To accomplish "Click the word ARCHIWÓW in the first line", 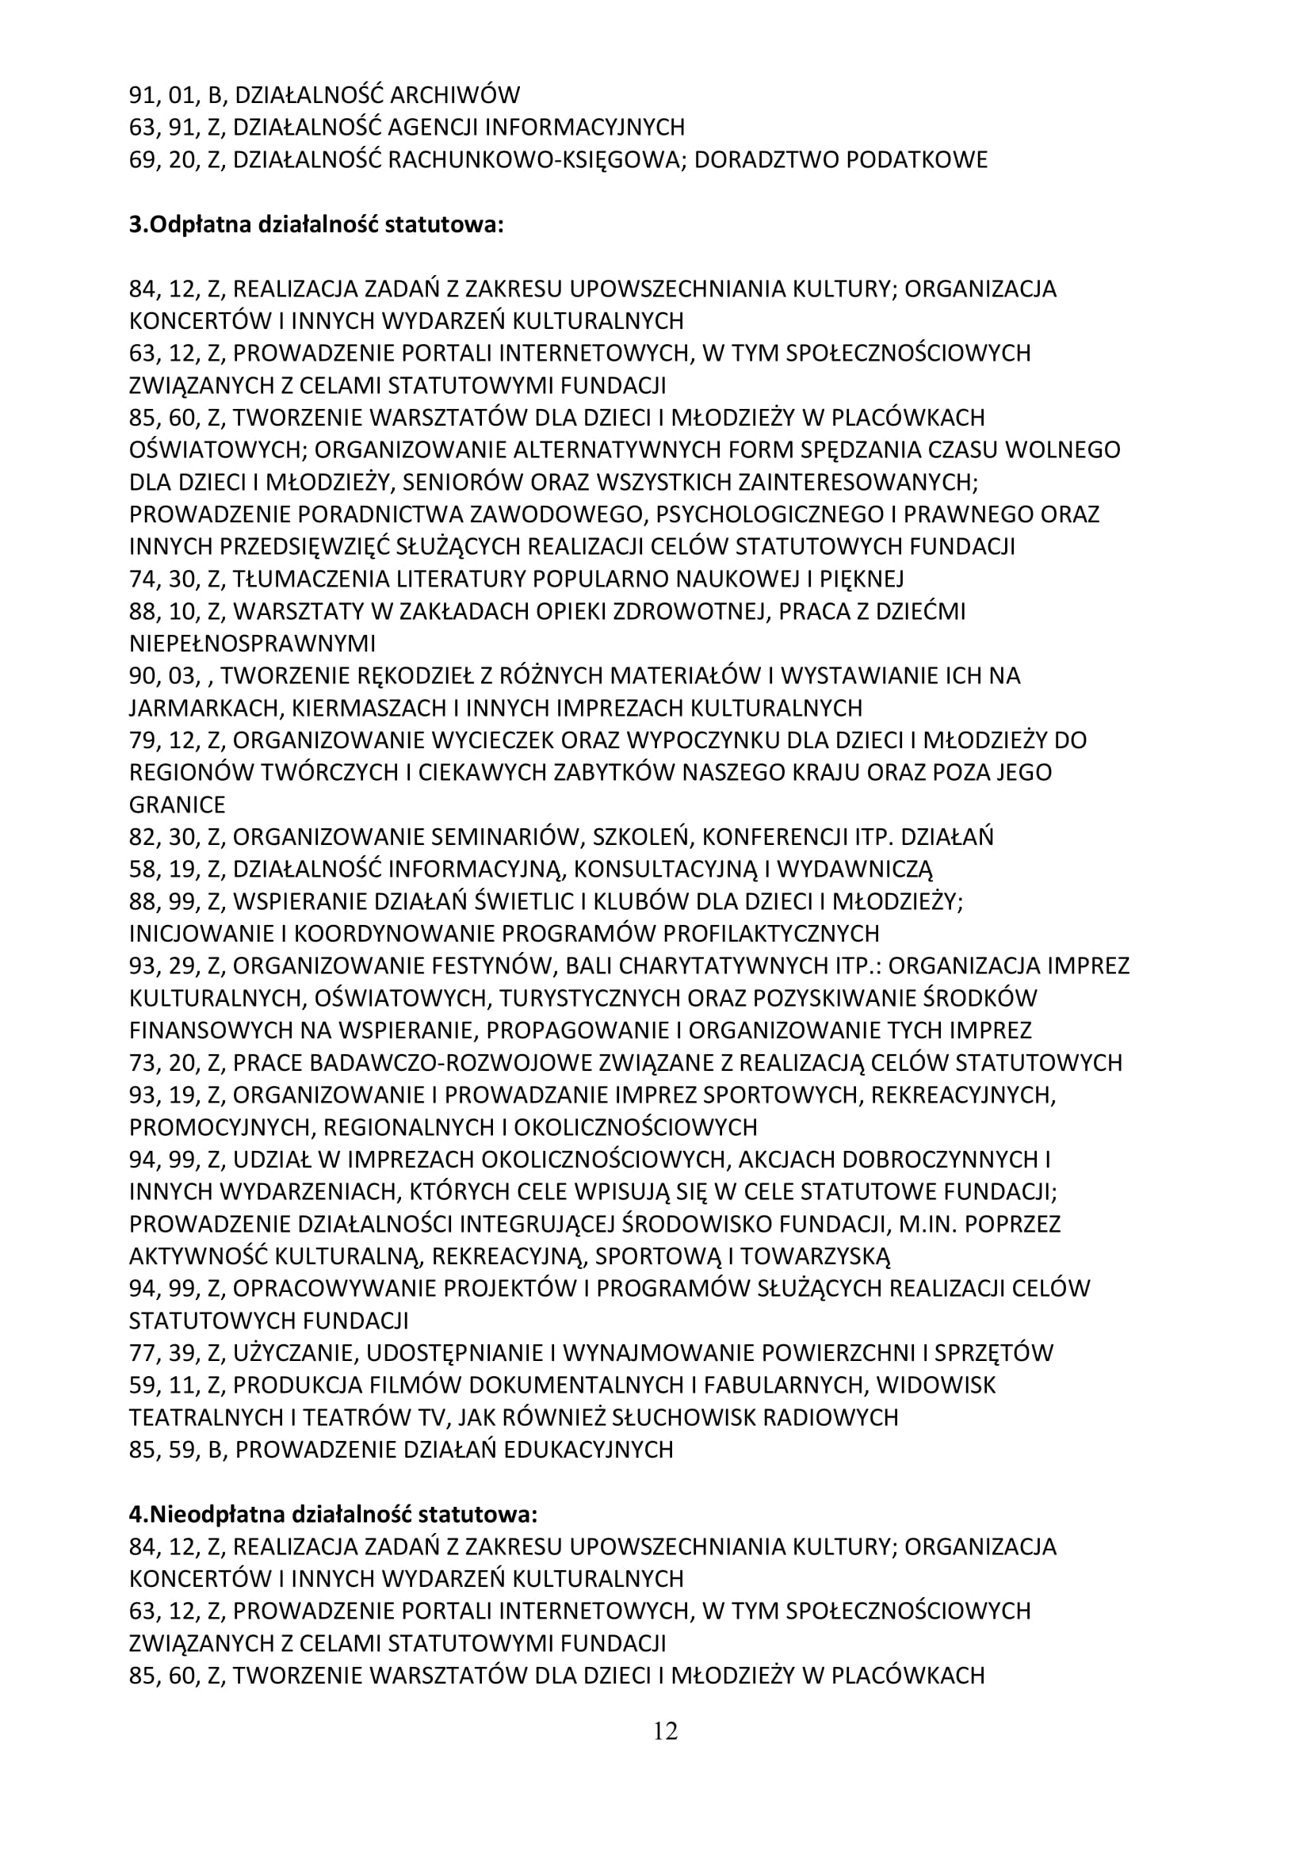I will pyautogui.click(x=454, y=95).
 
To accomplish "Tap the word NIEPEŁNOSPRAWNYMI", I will pyautogui.click(x=253, y=644).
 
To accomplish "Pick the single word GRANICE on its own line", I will pyautogui.click(x=178, y=805).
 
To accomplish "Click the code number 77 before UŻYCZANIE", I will pyautogui.click(x=142, y=1353).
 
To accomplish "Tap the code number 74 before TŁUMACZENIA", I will pyautogui.click(x=142, y=579).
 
